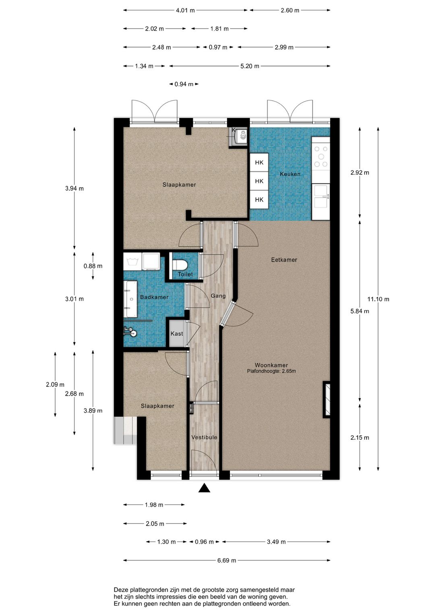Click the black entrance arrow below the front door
[204, 488]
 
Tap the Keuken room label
[290, 174]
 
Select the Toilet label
[185, 274]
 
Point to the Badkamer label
[154, 297]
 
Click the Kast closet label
[176, 334]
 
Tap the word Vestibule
[204, 437]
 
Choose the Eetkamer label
[284, 260]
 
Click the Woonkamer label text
[271, 365]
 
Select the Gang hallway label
[218, 296]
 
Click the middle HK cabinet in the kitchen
[259, 181]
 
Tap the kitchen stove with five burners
[321, 156]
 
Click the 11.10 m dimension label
[378, 299]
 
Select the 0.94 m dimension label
[184, 84]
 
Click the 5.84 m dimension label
[360, 311]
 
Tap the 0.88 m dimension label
[93, 266]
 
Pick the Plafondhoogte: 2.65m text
[271, 371]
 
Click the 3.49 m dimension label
[276, 542]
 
